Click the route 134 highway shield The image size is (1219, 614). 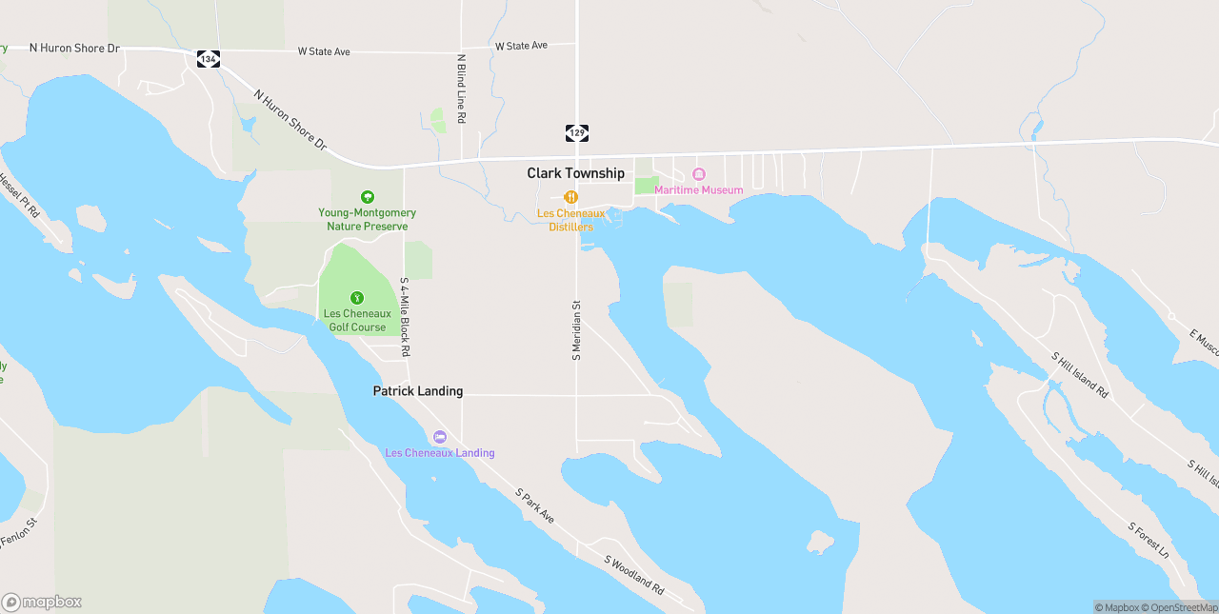coord(209,59)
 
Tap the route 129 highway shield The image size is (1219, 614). coord(576,132)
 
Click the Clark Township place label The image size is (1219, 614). coord(576,173)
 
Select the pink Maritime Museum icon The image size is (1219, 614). coord(698,175)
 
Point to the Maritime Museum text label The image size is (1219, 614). coord(698,190)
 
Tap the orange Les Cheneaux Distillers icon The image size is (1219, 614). coord(570,197)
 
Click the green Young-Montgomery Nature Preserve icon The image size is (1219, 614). coord(368,197)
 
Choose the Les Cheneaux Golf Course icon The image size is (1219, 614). coord(357,298)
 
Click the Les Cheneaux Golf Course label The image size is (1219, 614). coord(357,320)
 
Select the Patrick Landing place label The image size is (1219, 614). coord(418,391)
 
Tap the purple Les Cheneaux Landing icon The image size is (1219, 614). coord(440,437)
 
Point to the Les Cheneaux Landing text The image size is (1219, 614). coord(440,453)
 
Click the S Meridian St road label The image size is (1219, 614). coord(576,330)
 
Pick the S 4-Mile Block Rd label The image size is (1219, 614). coord(405,317)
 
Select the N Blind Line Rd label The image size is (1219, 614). coord(461,88)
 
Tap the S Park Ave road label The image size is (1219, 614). coord(535,505)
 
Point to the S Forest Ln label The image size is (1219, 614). coord(1148,540)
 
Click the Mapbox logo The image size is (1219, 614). coord(42,602)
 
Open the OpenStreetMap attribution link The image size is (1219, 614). coord(1181,607)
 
